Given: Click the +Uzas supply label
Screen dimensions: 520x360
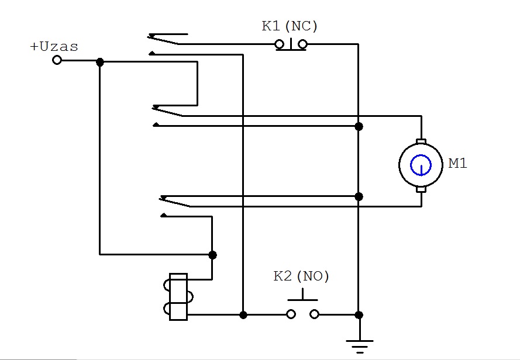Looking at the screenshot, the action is pos(54,46).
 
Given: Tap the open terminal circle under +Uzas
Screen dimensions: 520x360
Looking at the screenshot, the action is pos(57,60).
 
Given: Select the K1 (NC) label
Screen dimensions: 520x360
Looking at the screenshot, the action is pos(290,26).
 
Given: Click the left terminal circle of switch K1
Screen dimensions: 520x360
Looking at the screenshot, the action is pos(280,44).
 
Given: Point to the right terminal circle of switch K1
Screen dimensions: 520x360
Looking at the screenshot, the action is pos(302,44).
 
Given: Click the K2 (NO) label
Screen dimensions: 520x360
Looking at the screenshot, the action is pos(301,276).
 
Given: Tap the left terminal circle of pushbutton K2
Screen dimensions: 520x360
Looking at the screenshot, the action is pos(291,314).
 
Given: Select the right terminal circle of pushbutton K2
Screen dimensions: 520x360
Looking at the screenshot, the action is pos(314,314).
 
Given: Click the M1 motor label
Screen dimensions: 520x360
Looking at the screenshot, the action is pos(457,163).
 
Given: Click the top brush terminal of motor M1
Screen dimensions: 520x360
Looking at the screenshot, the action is pos(421,141).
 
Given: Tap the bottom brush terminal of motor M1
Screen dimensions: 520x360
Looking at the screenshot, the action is pos(421,189).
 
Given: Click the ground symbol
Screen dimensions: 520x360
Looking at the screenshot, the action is pos(360,347).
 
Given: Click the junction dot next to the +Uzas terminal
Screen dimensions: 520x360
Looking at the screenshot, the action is pos(100,62).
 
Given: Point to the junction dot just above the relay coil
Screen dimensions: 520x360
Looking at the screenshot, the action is pos(212,255).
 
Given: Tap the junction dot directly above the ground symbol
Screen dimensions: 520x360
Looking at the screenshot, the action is pos(359,315).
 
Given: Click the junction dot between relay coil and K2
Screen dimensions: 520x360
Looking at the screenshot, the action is pos(243,315).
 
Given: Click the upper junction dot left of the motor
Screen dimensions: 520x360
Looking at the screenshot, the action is pos(359,126).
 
